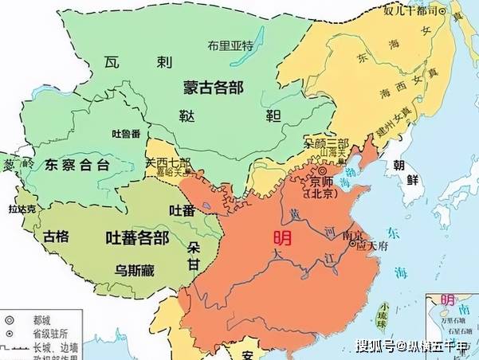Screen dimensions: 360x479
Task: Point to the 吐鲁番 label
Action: [x=127, y=132]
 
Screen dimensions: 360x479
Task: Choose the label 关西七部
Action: [x=167, y=162]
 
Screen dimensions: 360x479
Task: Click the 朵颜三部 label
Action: [x=326, y=143]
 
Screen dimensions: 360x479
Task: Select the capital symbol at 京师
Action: [x=322, y=170]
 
